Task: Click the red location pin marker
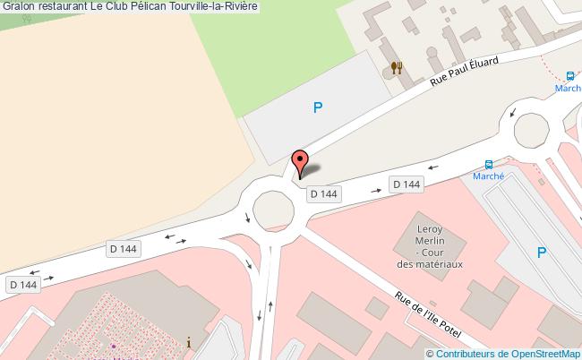pyautogui.click(x=300, y=163)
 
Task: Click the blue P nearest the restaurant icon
pyautogui.click(x=317, y=108)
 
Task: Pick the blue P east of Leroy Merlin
pyautogui.click(x=542, y=253)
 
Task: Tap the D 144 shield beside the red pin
pyautogui.click(x=323, y=193)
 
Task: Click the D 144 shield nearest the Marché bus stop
pyautogui.click(x=406, y=184)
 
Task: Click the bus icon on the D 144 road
pyautogui.click(x=489, y=165)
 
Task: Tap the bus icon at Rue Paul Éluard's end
pyautogui.click(x=570, y=76)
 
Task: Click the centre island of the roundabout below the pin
pyautogui.click(x=274, y=210)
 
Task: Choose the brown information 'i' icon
pyautogui.click(x=188, y=341)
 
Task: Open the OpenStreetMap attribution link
pyautogui.click(x=543, y=353)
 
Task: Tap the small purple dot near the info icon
pyautogui.click(x=114, y=346)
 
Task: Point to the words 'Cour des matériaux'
pyautogui.click(x=431, y=259)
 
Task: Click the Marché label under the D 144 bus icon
pyautogui.click(x=489, y=176)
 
